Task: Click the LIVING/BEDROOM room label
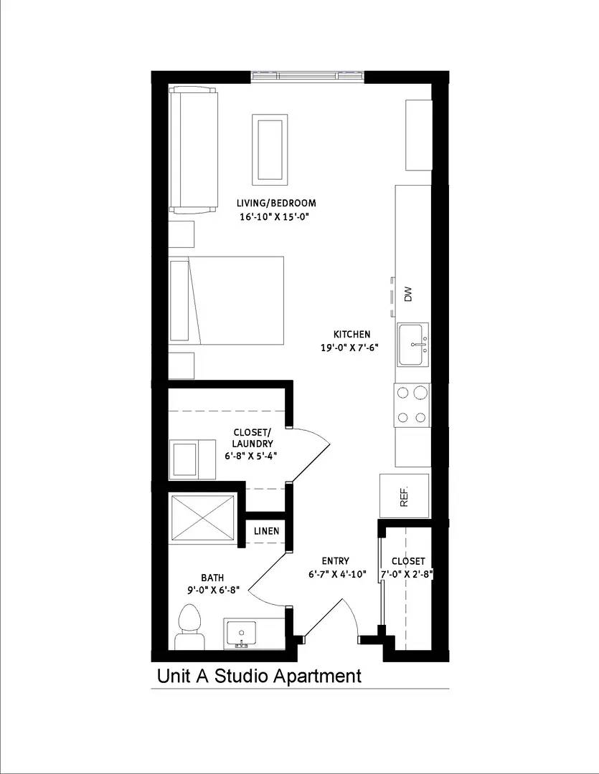coord(278,203)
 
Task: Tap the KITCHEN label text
coord(352,334)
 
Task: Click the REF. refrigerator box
coord(404,494)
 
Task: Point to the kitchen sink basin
coord(412,345)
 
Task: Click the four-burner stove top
coord(412,405)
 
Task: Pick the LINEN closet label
coord(267,531)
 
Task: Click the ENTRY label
coord(335,560)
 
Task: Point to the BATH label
coord(212,577)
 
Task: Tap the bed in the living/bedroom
coord(227,302)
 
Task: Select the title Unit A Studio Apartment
coord(259,675)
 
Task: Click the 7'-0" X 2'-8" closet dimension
coord(408,573)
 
